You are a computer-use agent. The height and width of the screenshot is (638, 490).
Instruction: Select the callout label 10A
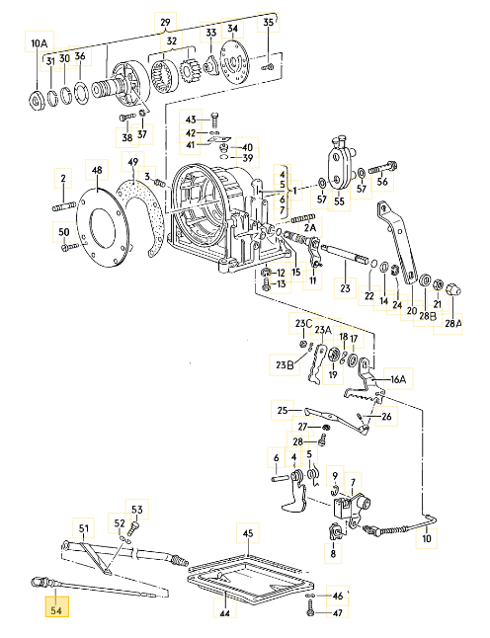(39, 43)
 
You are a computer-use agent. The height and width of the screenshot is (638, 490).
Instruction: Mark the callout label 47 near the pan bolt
(338, 613)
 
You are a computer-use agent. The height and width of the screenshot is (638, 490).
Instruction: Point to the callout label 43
(191, 119)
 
